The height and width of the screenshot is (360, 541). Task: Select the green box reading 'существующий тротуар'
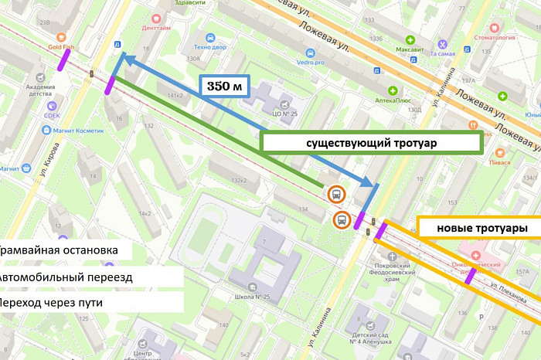pyautogui.click(x=373, y=144)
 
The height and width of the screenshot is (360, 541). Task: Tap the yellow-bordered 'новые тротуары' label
pyautogui.click(x=478, y=229)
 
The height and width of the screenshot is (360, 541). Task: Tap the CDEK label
pyautogui.click(x=51, y=116)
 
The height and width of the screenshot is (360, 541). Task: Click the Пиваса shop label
pyautogui.click(x=498, y=163)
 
